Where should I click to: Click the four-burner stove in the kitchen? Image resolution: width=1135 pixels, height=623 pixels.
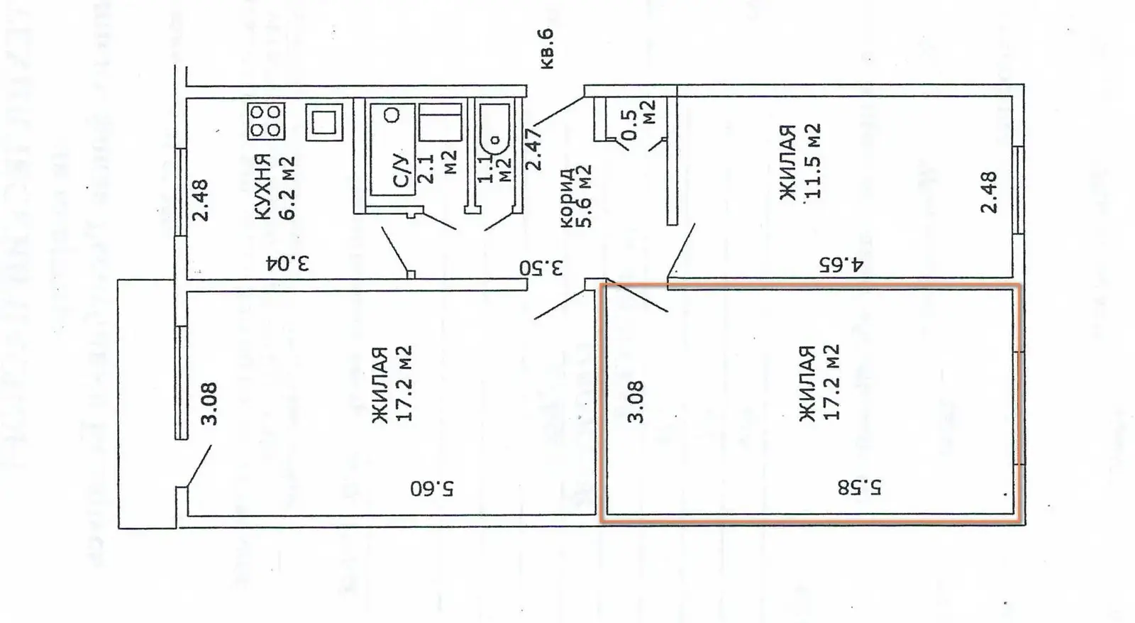coord(266,121)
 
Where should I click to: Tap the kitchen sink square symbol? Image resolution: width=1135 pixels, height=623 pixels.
coord(324,122)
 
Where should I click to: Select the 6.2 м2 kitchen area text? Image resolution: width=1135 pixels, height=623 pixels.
coord(287,187)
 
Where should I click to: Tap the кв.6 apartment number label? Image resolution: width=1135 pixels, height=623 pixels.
coord(547,49)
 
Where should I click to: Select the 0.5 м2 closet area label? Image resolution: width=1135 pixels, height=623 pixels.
coord(638,120)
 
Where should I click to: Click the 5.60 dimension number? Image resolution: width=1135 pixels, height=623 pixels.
coord(432,489)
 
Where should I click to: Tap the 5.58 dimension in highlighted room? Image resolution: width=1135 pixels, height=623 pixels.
coord(860,487)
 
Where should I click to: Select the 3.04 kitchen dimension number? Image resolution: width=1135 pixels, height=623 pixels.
coord(288,263)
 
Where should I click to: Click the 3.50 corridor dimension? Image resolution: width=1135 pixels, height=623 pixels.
coord(541,268)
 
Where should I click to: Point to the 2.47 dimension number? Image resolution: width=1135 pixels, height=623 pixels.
coord(534,148)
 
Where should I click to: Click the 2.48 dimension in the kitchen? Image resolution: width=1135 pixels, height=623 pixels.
coord(201,199)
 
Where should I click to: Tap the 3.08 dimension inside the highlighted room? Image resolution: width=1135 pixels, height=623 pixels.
coord(636,402)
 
